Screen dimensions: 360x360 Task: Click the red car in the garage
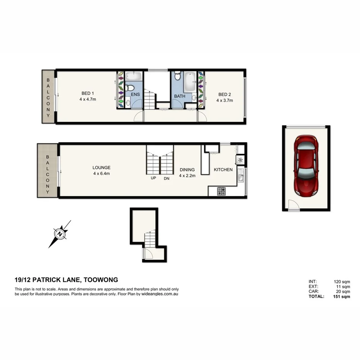tap(306, 165)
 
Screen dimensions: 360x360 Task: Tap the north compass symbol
tap(59, 234)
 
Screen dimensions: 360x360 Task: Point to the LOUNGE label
tap(102, 168)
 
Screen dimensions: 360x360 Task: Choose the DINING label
tap(187, 170)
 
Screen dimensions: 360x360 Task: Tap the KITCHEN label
tap(223, 170)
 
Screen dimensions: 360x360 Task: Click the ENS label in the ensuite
tap(136, 95)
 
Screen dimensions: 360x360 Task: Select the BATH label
tap(180, 97)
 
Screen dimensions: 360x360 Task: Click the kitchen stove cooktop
tap(222, 190)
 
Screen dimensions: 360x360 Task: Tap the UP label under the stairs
tap(153, 178)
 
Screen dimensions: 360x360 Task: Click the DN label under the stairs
tap(166, 178)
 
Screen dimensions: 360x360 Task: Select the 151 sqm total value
tap(341, 297)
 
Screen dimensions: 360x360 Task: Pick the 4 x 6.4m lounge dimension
tap(102, 174)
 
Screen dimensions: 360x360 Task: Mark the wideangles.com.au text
tap(160, 294)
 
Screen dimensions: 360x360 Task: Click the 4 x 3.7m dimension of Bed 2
tap(224, 100)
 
